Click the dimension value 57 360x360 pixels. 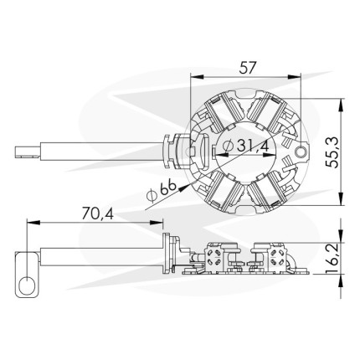pyautogui.click(x=247, y=68)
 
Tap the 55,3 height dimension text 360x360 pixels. pyautogui.click(x=332, y=152)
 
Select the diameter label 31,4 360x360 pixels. pyautogui.click(x=253, y=145)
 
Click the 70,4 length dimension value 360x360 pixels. pyautogui.click(x=98, y=214)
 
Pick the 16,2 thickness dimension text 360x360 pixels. pyautogui.click(x=332, y=258)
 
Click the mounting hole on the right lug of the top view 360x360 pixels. pyautogui.click(x=301, y=152)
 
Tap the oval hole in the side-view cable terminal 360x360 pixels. pyautogui.click(x=27, y=285)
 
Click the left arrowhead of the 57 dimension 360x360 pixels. pyautogui.click(x=197, y=76)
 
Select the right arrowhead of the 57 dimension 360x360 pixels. pyautogui.click(x=294, y=76)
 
